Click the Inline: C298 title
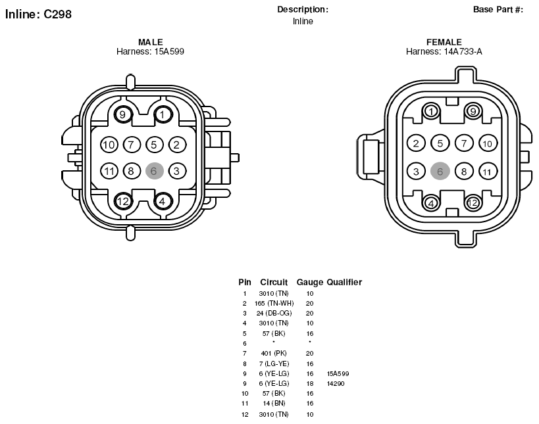(x=38, y=14)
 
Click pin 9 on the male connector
(x=122, y=114)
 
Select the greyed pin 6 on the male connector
(x=153, y=171)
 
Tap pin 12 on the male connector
(x=122, y=201)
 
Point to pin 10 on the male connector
(x=109, y=145)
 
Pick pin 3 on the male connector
(x=176, y=171)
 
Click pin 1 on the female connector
(x=431, y=111)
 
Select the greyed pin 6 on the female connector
(x=440, y=171)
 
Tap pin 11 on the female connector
(x=488, y=172)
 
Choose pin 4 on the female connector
(x=431, y=203)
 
